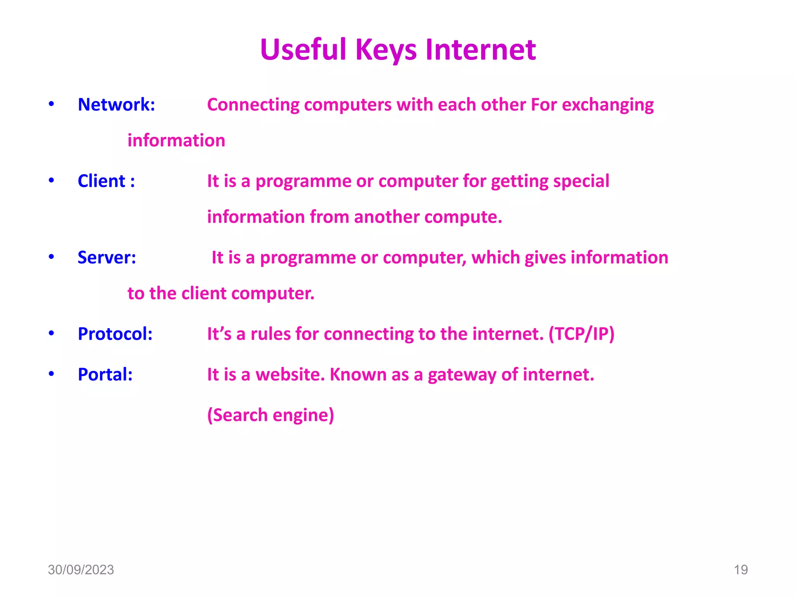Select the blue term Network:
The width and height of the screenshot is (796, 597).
click(x=116, y=105)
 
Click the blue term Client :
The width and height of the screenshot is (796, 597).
click(x=106, y=181)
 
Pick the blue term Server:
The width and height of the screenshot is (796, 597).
click(x=107, y=257)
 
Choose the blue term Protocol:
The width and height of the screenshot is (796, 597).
click(x=115, y=334)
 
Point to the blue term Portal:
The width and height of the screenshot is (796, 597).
click(x=105, y=375)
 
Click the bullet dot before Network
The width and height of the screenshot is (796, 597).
click(x=51, y=104)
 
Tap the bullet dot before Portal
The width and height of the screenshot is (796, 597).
click(x=51, y=374)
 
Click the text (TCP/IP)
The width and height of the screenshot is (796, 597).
click(x=581, y=334)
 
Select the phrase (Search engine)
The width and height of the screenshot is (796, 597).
click(x=271, y=415)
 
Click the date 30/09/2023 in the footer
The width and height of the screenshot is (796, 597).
click(x=81, y=570)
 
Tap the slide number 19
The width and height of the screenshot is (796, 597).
click(x=740, y=570)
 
